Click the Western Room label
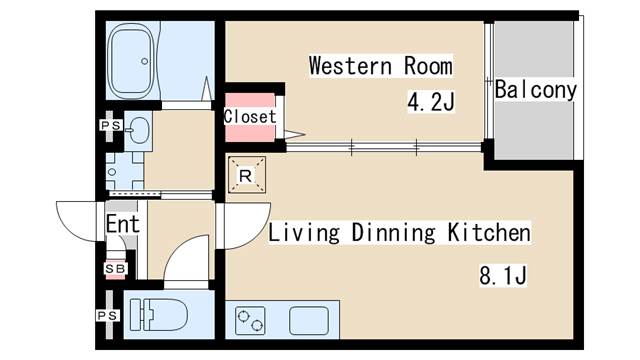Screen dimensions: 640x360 coord(381,66)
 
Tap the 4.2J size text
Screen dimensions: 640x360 coord(431,102)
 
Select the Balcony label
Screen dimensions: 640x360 coord(536,90)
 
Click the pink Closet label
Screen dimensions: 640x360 coord(250,117)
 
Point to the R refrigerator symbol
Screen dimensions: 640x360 coord(247,175)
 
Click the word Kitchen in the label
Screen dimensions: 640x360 coord(489,233)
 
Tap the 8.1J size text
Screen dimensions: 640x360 coord(503,276)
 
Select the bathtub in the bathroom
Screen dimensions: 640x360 coord(132,61)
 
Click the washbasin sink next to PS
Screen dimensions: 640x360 coord(138,131)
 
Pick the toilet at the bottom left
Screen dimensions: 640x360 coord(159,315)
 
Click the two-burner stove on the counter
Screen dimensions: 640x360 coord(250,320)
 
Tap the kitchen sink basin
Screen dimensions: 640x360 coord(309,320)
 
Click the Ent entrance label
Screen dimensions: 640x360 coord(123,224)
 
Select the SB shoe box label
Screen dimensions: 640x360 coord(116,269)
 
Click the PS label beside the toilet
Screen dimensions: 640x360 coord(108,316)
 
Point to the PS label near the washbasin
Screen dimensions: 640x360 coord(111,125)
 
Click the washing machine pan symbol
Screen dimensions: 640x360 coord(124,171)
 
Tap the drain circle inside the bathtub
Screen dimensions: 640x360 coord(144,61)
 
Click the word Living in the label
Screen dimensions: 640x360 coord(304,233)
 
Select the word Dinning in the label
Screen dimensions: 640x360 coord(393,233)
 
